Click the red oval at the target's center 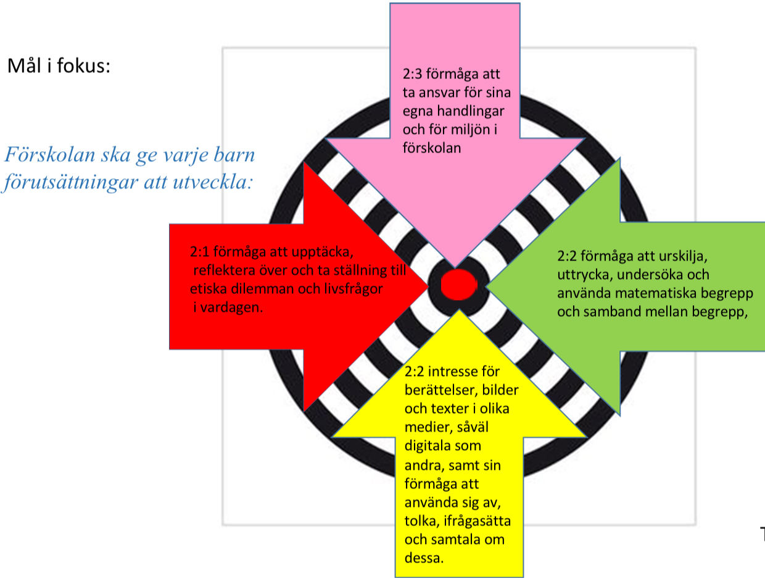[x=460, y=285]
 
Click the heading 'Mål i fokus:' [x=59, y=66]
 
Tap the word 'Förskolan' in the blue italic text [x=47, y=154]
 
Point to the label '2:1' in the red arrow [x=201, y=253]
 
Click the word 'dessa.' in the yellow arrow [x=424, y=559]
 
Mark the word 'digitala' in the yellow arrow [x=426, y=446]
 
